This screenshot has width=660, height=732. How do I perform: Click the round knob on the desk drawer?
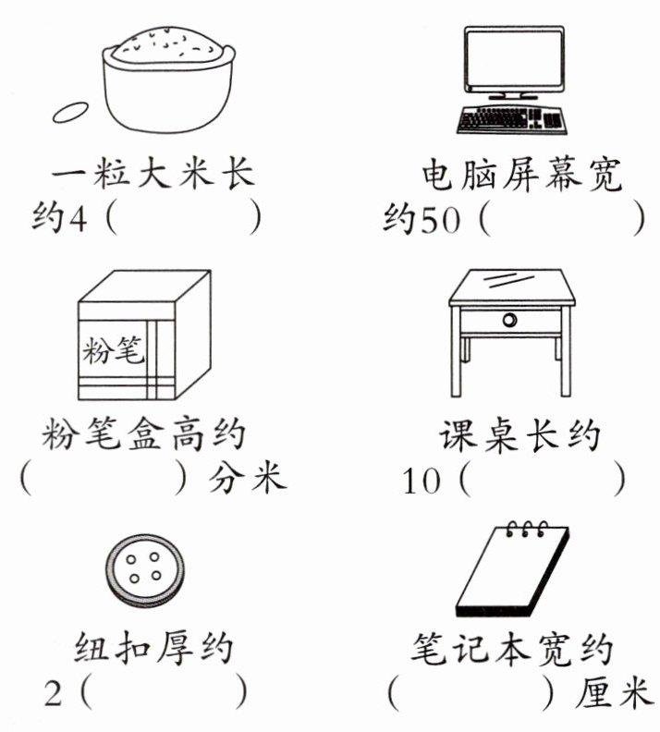point(509,320)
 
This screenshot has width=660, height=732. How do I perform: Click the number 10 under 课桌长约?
point(422,482)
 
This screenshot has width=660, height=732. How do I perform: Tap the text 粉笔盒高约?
point(145,433)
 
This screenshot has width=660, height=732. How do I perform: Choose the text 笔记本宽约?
point(512,646)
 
